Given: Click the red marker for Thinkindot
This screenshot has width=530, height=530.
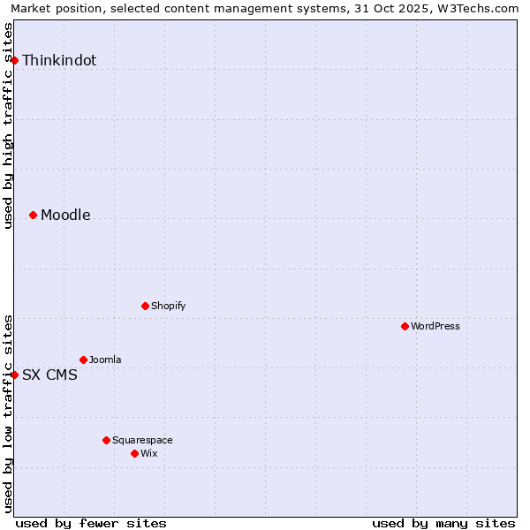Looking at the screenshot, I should [x=15, y=60].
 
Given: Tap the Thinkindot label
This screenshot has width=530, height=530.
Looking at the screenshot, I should [x=59, y=61].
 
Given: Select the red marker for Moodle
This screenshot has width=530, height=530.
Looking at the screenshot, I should [x=34, y=215].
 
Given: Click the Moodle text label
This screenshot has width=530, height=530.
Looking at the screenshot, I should [x=65, y=216].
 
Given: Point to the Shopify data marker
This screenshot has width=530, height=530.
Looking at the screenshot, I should [x=145, y=306].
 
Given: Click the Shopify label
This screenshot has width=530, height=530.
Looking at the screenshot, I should [x=168, y=307].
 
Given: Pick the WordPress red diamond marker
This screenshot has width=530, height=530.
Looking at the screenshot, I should [x=405, y=326].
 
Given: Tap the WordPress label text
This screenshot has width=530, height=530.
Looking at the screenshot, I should [x=435, y=327].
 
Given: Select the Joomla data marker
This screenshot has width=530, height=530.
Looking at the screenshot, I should [x=84, y=360].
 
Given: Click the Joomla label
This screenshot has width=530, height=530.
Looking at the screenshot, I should [x=105, y=360].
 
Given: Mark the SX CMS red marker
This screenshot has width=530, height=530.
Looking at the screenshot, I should [x=15, y=375].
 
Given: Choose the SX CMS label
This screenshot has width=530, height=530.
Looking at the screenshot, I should [x=49, y=375].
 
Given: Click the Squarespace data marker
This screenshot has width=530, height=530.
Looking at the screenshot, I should [x=106, y=440].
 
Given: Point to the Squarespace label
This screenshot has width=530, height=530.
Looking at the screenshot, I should [x=142, y=441].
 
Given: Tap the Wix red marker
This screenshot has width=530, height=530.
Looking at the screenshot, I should [x=134, y=453].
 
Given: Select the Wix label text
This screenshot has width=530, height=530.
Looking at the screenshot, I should [x=149, y=454].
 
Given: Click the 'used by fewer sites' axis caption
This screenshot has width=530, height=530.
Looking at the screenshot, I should [x=91, y=523].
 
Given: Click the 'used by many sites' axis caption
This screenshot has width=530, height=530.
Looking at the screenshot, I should [x=443, y=523].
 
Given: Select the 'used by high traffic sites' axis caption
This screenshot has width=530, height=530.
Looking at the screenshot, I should [x=8, y=125].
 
